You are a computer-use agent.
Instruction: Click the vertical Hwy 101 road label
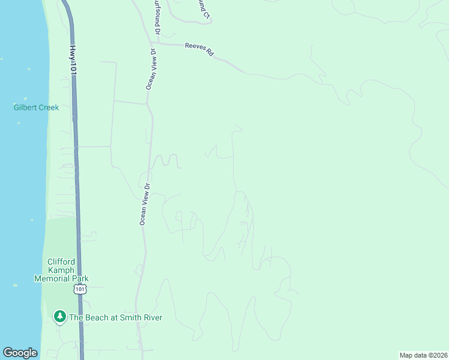(x=73, y=60)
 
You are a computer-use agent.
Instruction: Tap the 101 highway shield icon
(x=79, y=289)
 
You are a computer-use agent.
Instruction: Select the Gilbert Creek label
(x=36, y=107)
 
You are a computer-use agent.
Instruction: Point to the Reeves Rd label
(x=199, y=49)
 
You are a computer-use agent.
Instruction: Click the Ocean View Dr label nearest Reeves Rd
(x=151, y=69)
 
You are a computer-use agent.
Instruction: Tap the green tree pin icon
(x=59, y=316)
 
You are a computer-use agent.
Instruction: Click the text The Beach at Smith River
(x=115, y=317)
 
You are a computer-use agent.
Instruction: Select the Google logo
(x=20, y=353)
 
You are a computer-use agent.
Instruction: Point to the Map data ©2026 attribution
(x=423, y=355)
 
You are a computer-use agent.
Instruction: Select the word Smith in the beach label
(x=130, y=317)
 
